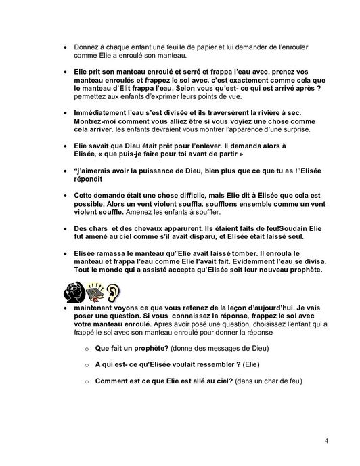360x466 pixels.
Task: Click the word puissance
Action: [x=153, y=172]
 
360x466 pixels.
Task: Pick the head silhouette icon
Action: [x=74, y=293]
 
